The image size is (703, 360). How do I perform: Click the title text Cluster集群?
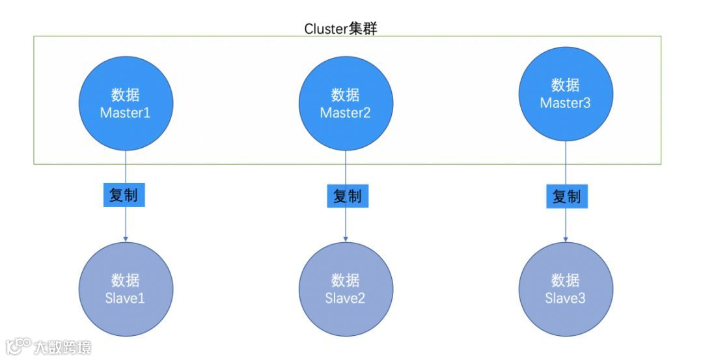pyautogui.click(x=340, y=29)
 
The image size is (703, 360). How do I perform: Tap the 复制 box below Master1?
pyautogui.click(x=124, y=195)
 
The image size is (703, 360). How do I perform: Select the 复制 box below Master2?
pyautogui.click(x=346, y=195)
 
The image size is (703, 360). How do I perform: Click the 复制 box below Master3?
pyautogui.click(x=566, y=196)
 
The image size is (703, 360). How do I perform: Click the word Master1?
pyautogui.click(x=126, y=113)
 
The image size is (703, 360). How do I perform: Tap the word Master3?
pyautogui.click(x=565, y=103)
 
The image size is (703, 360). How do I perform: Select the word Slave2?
pyautogui.click(x=346, y=298)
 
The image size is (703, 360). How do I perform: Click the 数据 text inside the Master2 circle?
pyautogui.click(x=346, y=94)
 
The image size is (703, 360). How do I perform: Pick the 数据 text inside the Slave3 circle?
pyautogui.click(x=565, y=281)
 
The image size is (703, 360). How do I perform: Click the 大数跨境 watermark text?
pyautogui.click(x=63, y=347)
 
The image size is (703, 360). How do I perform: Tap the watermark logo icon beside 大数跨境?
pyautogui.click(x=19, y=345)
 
